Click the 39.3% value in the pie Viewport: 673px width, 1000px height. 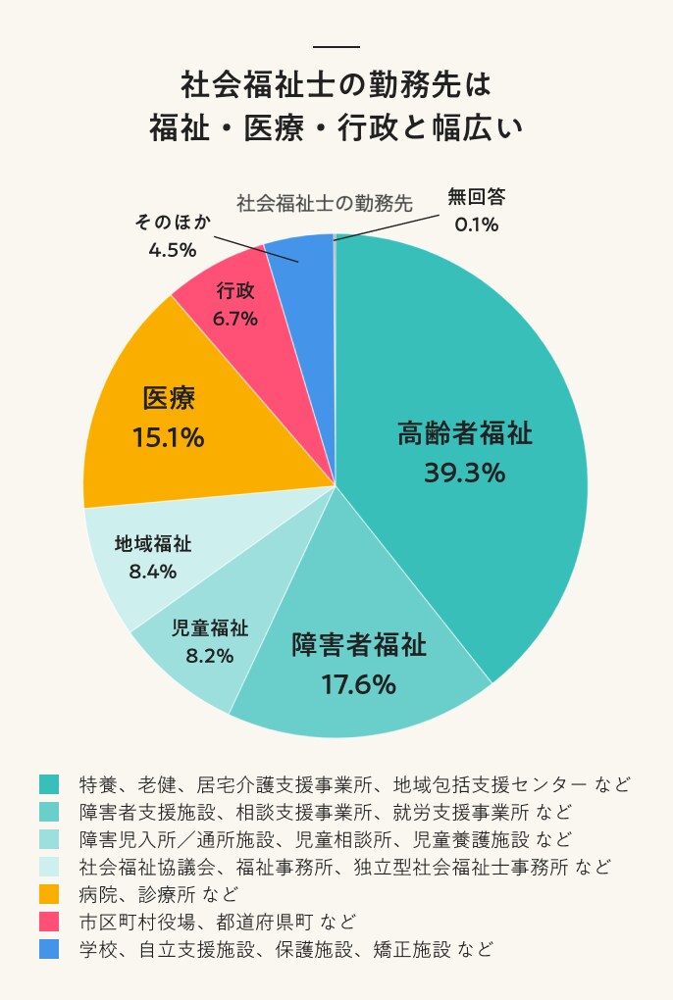464,473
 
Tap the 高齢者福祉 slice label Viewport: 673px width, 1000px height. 464,433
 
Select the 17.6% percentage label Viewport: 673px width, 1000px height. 358,683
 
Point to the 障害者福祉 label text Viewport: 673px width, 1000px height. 359,646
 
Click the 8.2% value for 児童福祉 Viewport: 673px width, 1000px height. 210,656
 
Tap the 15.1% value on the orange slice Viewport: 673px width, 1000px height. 168,437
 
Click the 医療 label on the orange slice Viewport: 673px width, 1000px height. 169,399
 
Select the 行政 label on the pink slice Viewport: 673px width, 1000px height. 235,291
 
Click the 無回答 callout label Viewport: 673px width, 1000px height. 476,197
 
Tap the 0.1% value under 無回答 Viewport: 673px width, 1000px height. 476,225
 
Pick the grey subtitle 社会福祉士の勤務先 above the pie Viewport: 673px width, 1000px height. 324,204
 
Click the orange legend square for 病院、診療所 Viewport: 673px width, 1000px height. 49,894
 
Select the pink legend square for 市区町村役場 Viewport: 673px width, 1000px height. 49,922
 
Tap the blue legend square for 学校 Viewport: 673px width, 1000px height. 49,949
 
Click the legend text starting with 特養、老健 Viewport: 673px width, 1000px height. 354,784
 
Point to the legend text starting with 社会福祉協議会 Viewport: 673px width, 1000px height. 344,867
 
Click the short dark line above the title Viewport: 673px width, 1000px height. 336,47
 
